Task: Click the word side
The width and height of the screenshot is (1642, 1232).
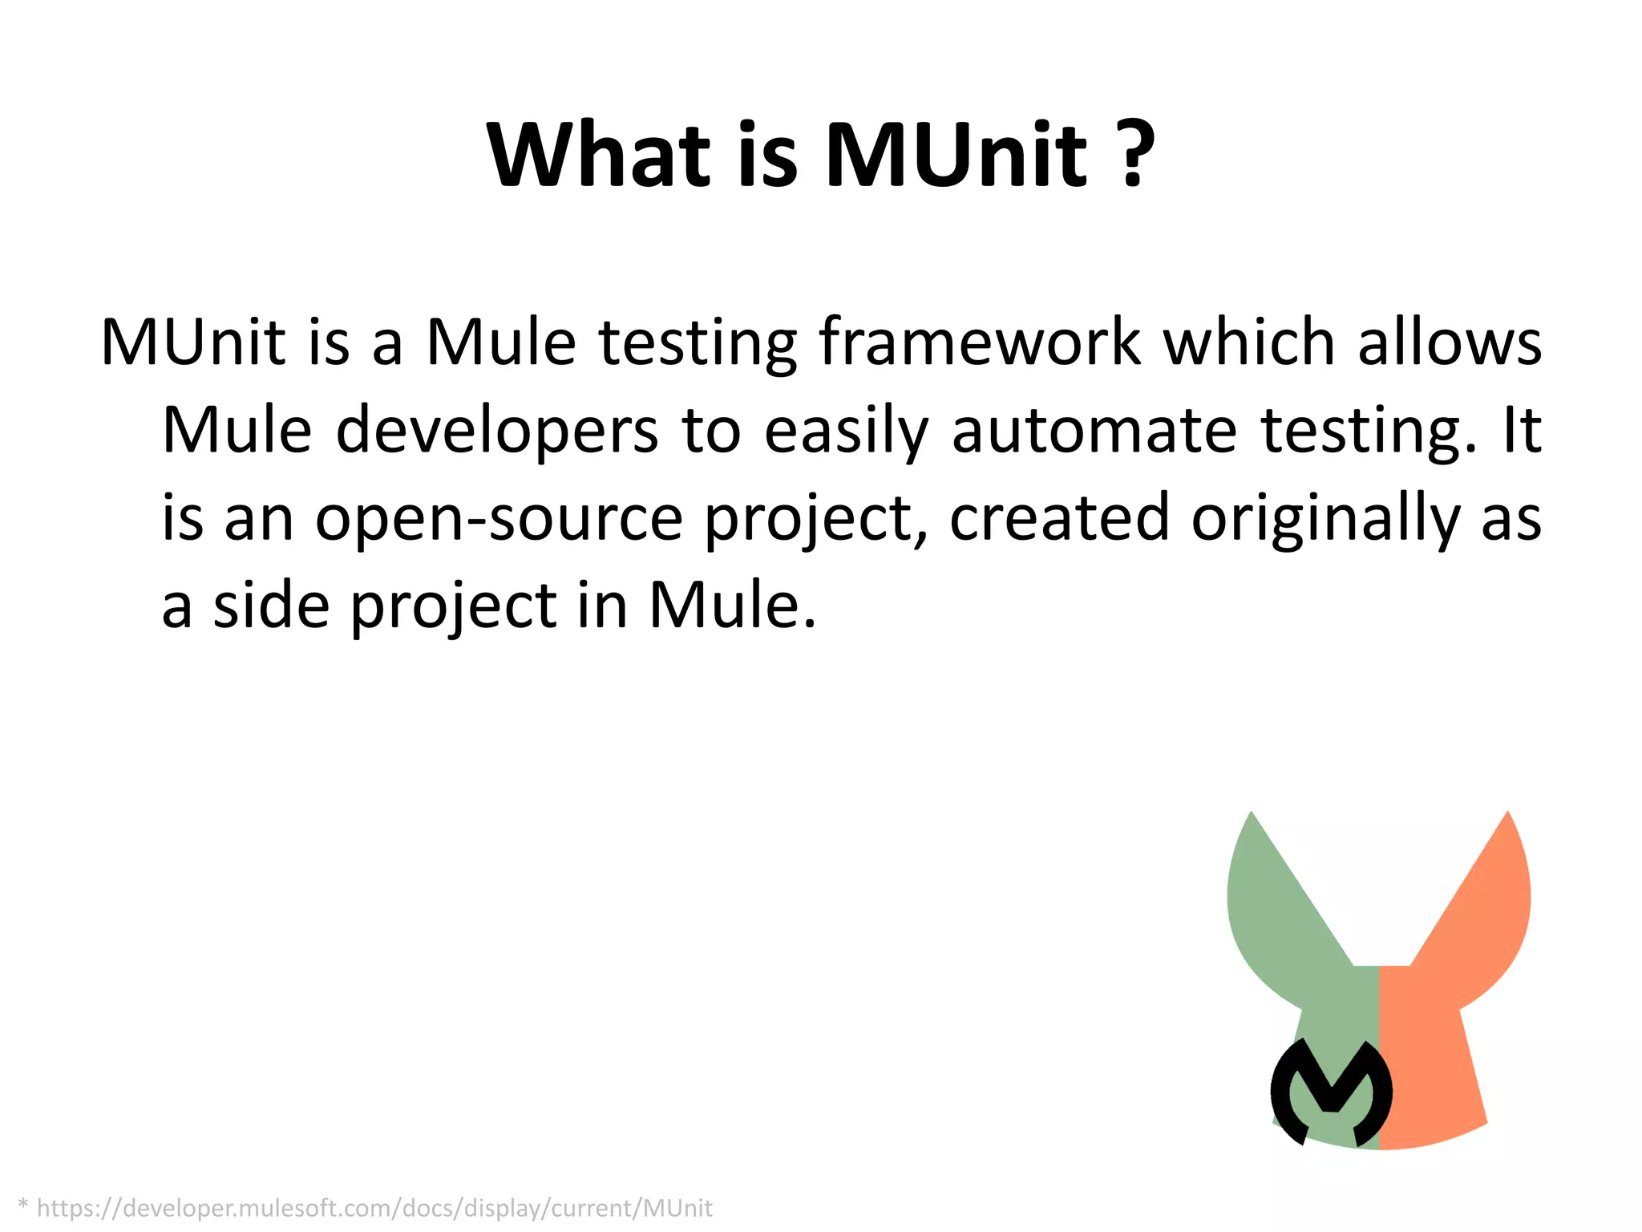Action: pos(271,605)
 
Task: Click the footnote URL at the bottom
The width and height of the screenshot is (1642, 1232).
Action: pos(374,1208)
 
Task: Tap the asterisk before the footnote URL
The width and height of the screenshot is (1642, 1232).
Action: pos(22,1205)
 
